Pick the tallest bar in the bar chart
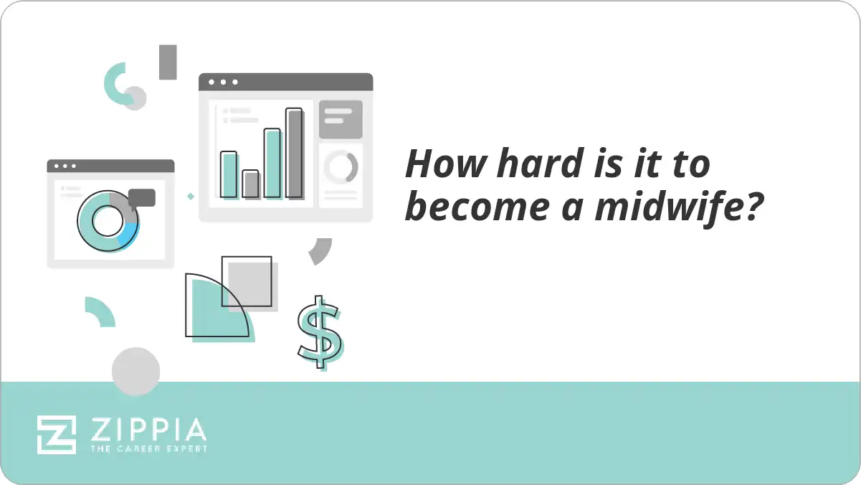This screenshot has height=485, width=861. click(x=294, y=153)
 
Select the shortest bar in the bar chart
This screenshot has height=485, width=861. click(x=250, y=184)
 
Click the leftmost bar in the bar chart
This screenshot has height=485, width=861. click(x=229, y=174)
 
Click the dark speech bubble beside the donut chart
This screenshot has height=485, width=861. click(x=142, y=198)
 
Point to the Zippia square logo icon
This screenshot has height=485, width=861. click(x=57, y=434)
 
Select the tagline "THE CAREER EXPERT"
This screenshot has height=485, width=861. click(x=148, y=449)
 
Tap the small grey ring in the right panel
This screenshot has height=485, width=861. click(x=341, y=167)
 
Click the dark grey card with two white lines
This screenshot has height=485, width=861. click(x=341, y=119)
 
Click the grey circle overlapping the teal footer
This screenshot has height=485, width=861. click(x=135, y=372)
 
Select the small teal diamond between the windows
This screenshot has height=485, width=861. click(x=191, y=196)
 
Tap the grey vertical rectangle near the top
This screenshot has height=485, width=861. click(x=168, y=62)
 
